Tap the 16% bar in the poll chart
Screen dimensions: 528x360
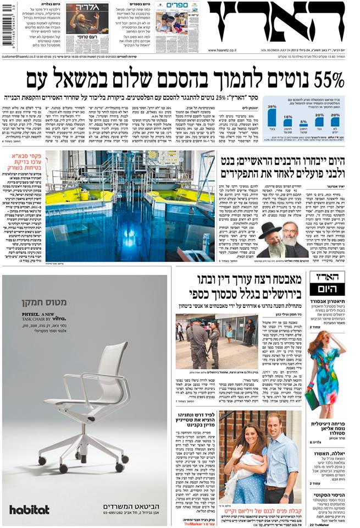(x=287, y=128)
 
